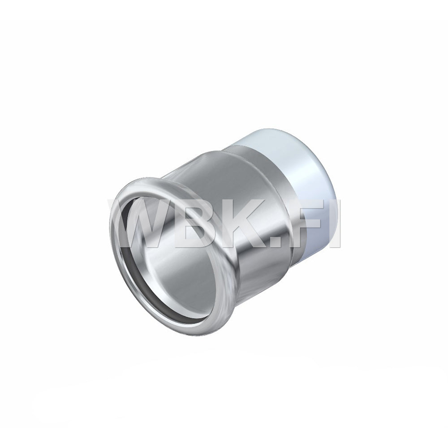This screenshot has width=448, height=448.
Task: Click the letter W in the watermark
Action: click(137, 223)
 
